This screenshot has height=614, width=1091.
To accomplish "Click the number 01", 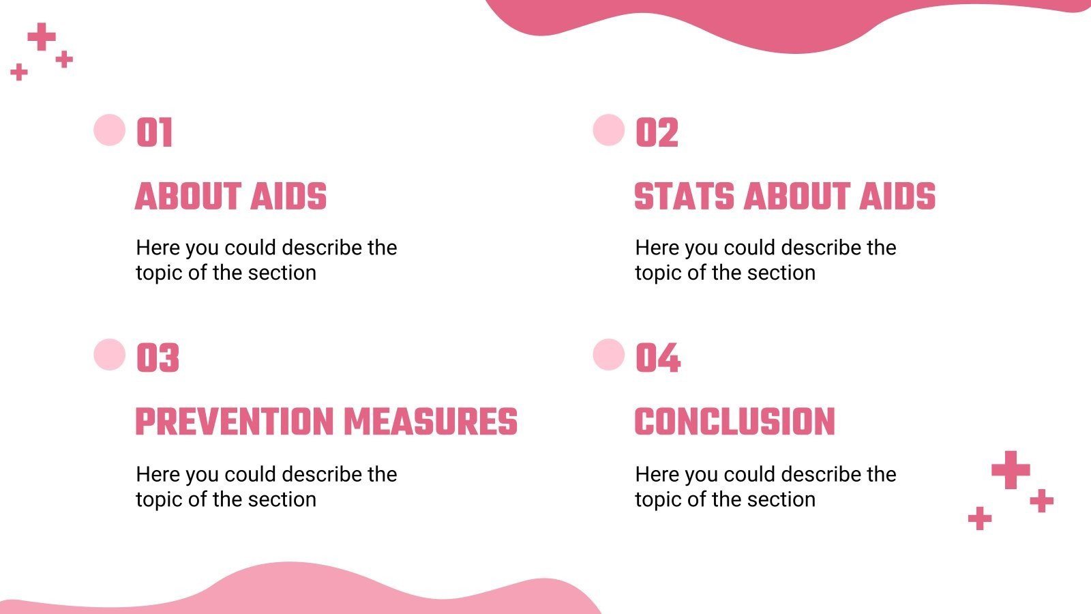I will [154, 132].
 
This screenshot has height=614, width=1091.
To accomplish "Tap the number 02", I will [657, 132].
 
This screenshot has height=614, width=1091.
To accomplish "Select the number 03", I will [158, 358].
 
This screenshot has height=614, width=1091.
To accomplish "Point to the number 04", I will [657, 358].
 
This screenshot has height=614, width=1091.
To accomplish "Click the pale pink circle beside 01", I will [109, 130].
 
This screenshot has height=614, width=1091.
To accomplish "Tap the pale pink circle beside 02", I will [609, 130].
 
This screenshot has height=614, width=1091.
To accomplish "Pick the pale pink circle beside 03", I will [109, 355].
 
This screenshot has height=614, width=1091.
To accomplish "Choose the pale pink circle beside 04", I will [609, 355].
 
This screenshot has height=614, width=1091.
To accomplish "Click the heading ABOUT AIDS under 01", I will [230, 196].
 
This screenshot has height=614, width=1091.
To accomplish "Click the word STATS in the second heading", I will [684, 196].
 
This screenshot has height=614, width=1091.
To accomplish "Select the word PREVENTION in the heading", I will [234, 422].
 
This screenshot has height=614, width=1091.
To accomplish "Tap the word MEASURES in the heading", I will [430, 422].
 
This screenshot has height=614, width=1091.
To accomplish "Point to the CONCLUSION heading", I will [734, 422].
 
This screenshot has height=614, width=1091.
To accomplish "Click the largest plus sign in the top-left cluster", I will [42, 37].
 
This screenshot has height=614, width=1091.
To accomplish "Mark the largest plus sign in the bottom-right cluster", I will [1011, 469].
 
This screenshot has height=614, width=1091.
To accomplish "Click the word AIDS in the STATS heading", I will [897, 196].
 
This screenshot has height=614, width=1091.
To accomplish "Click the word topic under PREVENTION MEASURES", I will [159, 500].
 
